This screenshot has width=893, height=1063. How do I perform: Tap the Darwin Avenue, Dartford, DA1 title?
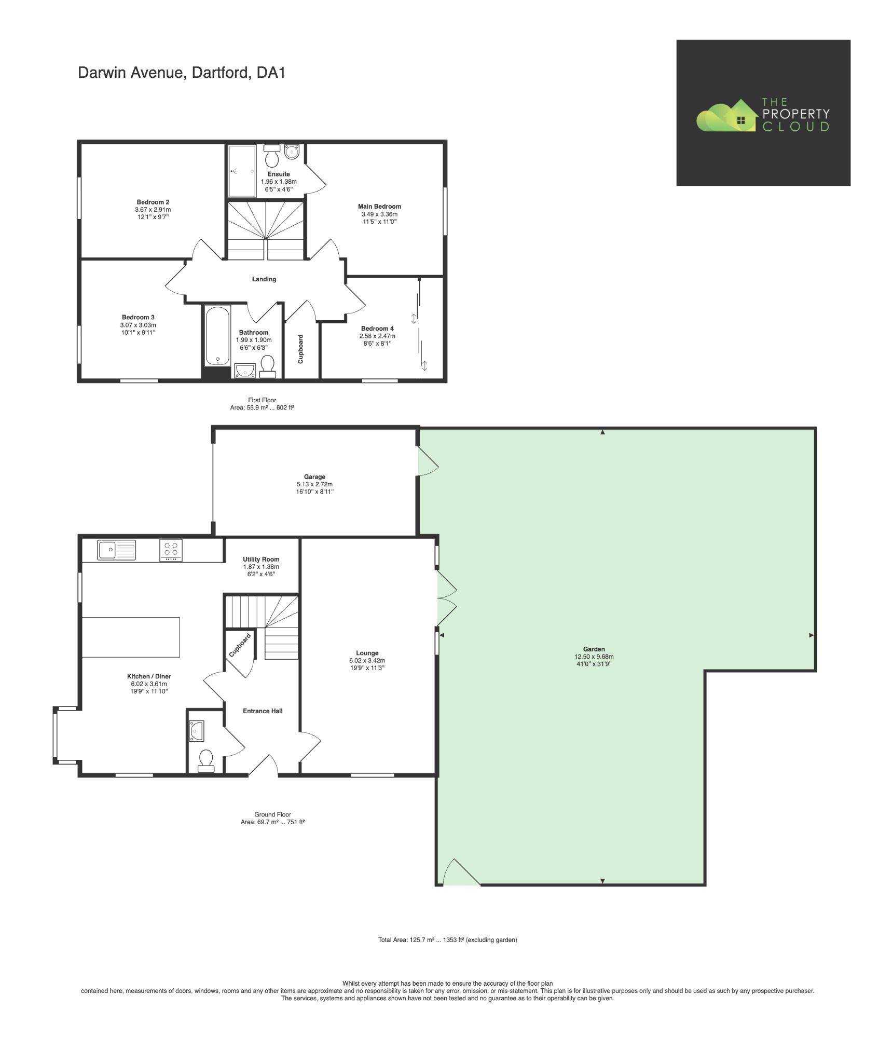[182, 72]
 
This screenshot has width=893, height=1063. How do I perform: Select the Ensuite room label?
[279, 174]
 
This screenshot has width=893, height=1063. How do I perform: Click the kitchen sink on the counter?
[116, 550]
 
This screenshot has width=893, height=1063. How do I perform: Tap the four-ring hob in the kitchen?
[171, 550]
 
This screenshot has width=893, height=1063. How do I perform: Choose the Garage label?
[314, 476]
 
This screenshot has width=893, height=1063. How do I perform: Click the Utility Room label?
[261, 559]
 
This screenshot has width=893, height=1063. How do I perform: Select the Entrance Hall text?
[263, 711]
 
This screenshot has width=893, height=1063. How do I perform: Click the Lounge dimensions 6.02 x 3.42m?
[367, 660]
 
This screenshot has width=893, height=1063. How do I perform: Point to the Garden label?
[594, 649]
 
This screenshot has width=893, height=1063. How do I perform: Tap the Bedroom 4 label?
[377, 328]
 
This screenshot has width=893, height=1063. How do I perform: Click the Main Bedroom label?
[379, 206]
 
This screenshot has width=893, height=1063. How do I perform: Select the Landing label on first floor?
[264, 279]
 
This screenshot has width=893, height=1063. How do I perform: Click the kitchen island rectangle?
[131, 637]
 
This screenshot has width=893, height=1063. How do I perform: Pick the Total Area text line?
[447, 939]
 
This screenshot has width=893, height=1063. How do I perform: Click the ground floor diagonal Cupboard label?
[240, 645]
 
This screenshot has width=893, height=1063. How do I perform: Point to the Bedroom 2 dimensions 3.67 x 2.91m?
[153, 210]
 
